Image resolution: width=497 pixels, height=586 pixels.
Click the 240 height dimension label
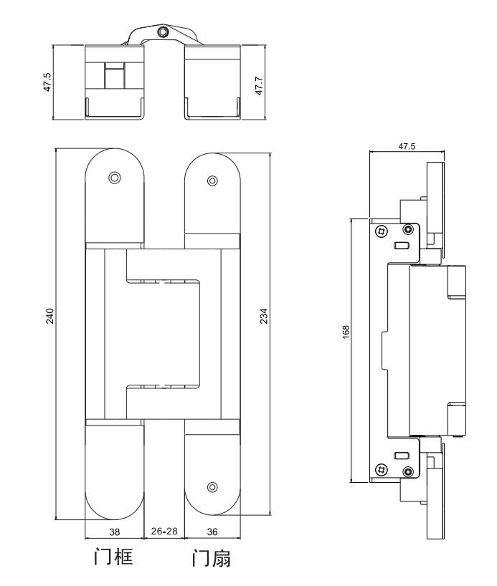tap(49, 316)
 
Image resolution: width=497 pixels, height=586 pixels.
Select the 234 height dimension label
tap(264, 316)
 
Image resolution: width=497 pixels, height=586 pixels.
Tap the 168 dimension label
tap(346, 332)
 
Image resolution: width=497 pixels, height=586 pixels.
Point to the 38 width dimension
tap(115, 532)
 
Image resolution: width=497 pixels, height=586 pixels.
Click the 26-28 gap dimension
tap(164, 531)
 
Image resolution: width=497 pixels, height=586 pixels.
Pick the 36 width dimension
tap(212, 532)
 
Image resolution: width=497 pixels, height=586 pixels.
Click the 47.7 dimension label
tap(259, 85)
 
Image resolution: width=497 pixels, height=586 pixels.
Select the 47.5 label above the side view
tap(407, 146)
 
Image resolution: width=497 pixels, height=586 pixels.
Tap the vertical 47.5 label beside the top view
tap(47, 82)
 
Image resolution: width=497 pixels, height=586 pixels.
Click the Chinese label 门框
tap(113, 557)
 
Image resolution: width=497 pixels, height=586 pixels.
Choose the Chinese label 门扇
tap(212, 558)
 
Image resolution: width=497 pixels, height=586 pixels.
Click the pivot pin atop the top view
tap(163, 32)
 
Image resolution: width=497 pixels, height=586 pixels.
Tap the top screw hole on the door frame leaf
tap(115, 178)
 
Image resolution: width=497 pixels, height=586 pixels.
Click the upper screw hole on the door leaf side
tap(212, 181)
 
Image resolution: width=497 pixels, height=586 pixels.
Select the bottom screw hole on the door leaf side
tap(212, 487)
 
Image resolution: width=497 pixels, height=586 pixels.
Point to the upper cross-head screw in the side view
tap(382, 231)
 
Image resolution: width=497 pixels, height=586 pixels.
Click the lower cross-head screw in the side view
tap(382, 469)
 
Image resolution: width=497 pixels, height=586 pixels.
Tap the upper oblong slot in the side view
tap(401, 246)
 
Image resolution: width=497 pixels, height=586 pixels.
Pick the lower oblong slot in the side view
tap(401, 455)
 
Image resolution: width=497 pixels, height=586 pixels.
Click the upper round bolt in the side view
tap(408, 229)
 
